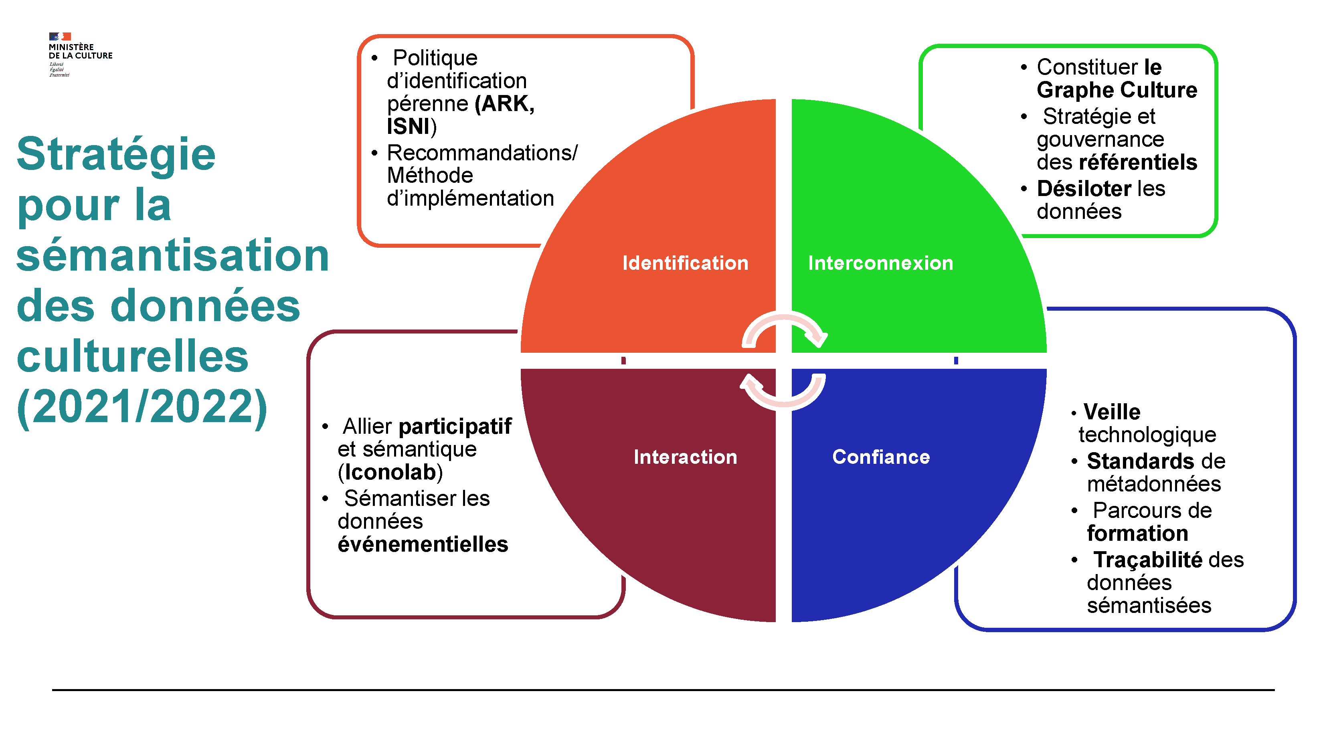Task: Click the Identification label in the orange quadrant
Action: tap(685, 263)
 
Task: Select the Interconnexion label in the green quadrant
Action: tap(880, 263)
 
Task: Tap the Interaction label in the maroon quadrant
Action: tap(685, 457)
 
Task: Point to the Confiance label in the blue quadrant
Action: tap(881, 457)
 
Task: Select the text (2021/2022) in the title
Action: tap(142, 407)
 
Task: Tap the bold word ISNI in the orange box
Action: tap(409, 127)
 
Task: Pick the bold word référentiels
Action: tap(1137, 162)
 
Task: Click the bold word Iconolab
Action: tap(390, 472)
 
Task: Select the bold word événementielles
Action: tap(423, 544)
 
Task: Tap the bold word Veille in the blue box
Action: tap(1111, 412)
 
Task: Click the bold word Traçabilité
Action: tap(1148, 560)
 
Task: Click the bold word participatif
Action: tap(455, 427)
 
